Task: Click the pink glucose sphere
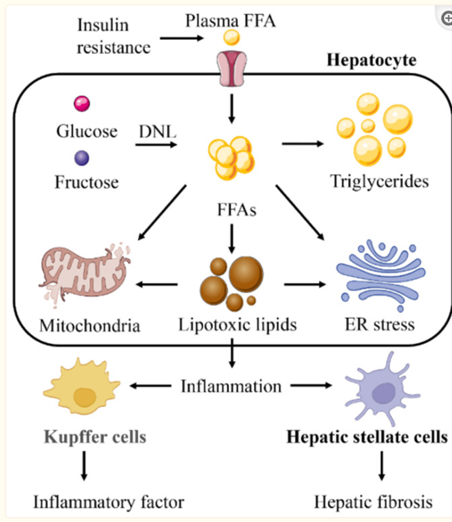[x=82, y=103]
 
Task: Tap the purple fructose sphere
[x=82, y=158]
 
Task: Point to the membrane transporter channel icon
[x=231, y=68]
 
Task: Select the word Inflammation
[x=231, y=386]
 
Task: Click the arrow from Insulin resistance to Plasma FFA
[x=180, y=39]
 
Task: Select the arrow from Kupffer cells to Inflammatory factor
[x=84, y=467]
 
